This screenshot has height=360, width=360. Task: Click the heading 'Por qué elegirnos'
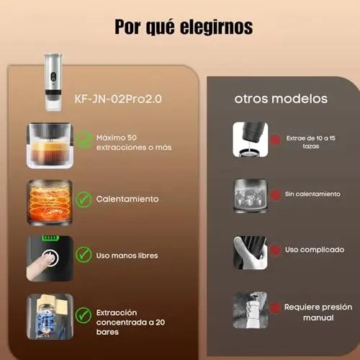184,27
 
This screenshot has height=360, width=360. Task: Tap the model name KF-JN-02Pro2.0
118,99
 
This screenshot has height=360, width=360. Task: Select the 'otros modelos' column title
281,99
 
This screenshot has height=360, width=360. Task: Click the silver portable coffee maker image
53,82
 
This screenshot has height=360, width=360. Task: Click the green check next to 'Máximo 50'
84,140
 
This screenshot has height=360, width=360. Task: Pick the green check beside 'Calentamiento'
84,199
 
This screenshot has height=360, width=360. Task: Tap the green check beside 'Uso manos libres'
84,255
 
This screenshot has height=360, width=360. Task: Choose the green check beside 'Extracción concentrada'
84,315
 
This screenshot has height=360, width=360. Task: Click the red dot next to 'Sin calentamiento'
275,194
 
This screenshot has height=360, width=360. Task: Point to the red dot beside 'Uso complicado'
275,250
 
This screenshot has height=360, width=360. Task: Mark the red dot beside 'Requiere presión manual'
275,307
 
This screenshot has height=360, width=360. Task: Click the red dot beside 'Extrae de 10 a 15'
275,139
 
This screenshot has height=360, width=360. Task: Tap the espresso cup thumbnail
50,145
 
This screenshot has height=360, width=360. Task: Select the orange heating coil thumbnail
50,202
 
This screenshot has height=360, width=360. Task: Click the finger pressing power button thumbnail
50,258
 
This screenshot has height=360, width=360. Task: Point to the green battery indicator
50,238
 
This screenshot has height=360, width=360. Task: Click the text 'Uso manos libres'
127,256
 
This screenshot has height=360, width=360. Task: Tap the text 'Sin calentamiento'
312,194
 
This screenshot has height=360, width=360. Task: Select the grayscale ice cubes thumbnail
251,195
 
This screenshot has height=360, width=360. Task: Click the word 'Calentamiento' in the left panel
127,199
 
